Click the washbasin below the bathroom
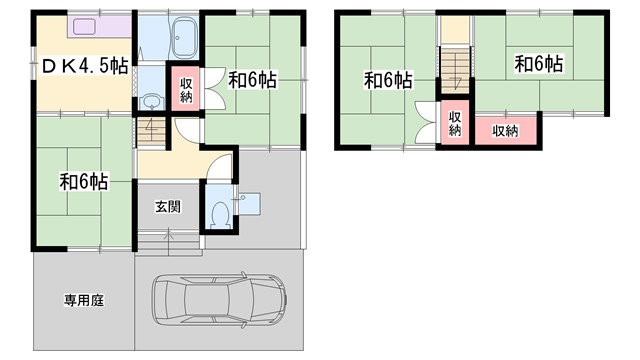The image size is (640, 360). pos(151,100)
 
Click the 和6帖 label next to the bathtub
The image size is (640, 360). pos(252,80)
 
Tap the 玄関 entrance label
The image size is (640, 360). pos(167,207)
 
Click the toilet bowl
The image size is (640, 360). pos(219,212)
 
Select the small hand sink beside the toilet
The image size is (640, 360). pos(247,201)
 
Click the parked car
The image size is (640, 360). pos(219,297)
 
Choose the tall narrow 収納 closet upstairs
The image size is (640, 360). pos(455,124)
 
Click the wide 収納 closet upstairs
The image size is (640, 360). pos(505,129)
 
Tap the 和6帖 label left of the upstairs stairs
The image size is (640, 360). pos(388,80)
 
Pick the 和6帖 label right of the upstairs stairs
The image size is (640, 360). pos(539,64)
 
